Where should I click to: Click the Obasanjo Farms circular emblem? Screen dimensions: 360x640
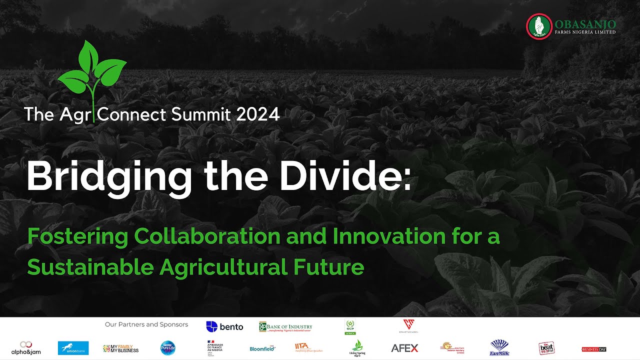pyautogui.click(x=539, y=25)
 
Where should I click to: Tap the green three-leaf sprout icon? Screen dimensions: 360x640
pyautogui.click(x=92, y=70)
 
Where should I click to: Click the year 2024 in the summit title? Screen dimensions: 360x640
pyautogui.click(x=258, y=114)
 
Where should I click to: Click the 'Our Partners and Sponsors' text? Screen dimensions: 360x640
pyautogui.click(x=146, y=324)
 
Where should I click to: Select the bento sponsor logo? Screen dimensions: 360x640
pyautogui.click(x=224, y=326)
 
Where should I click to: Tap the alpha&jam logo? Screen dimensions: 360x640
pyautogui.click(x=26, y=348)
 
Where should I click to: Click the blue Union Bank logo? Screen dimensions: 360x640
pyautogui.click(x=73, y=348)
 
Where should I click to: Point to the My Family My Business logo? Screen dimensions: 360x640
pyautogui.click(x=120, y=348)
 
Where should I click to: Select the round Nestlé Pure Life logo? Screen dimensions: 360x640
pyautogui.click(x=167, y=348)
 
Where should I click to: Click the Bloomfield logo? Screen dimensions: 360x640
pyautogui.click(x=262, y=348)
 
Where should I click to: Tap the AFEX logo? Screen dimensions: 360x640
pyautogui.click(x=404, y=348)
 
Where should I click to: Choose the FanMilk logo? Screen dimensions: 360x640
pyautogui.click(x=499, y=348)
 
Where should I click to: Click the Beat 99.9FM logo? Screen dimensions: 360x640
pyautogui.click(x=546, y=348)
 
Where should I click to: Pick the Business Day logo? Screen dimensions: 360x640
pyautogui.click(x=594, y=349)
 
